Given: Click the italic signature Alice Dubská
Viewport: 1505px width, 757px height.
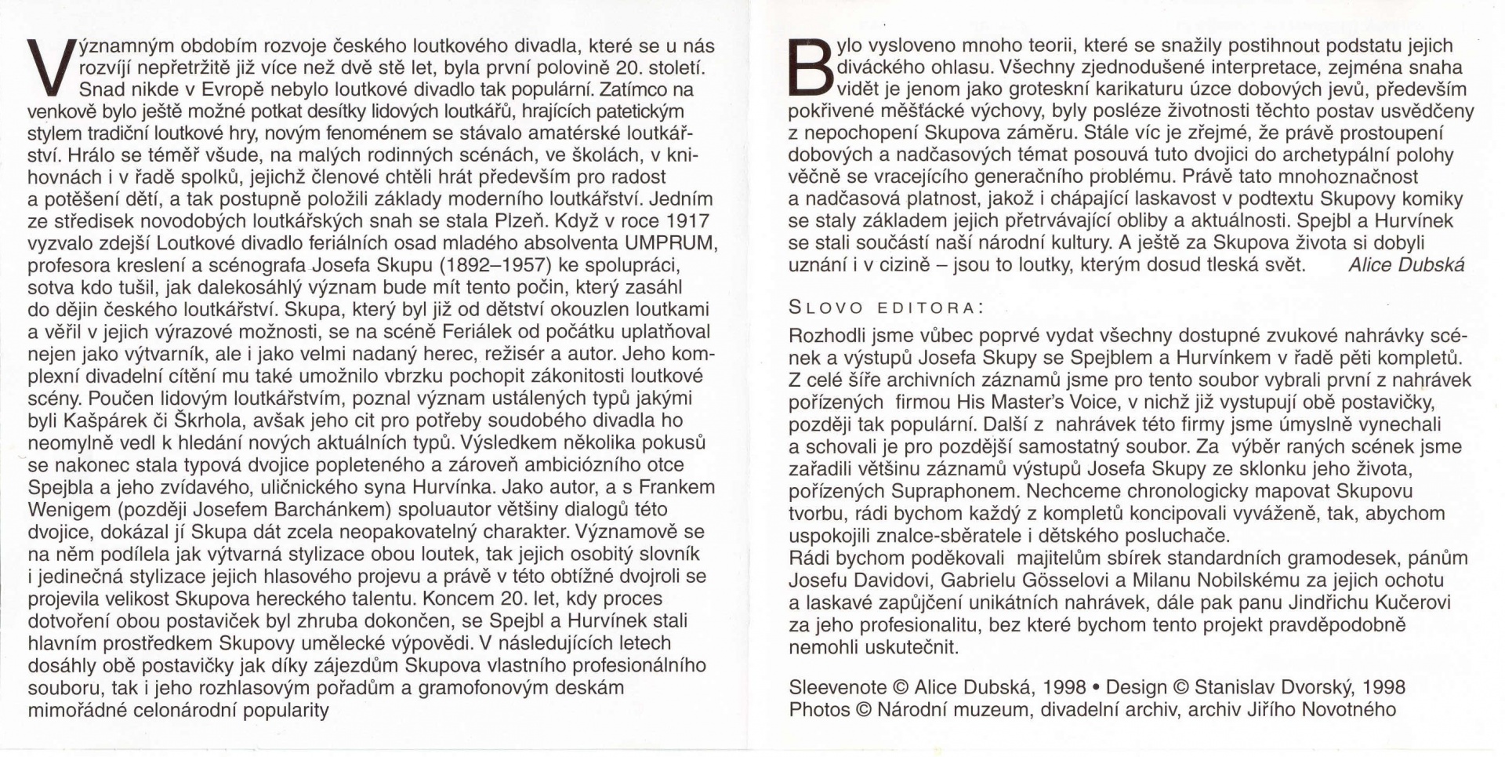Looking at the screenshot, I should click(1406, 265).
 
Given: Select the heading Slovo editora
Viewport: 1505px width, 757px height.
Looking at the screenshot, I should click(886, 307).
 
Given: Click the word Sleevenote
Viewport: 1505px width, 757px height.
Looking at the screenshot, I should click(837, 688).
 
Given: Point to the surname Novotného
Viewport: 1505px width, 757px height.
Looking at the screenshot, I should click(1349, 710).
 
